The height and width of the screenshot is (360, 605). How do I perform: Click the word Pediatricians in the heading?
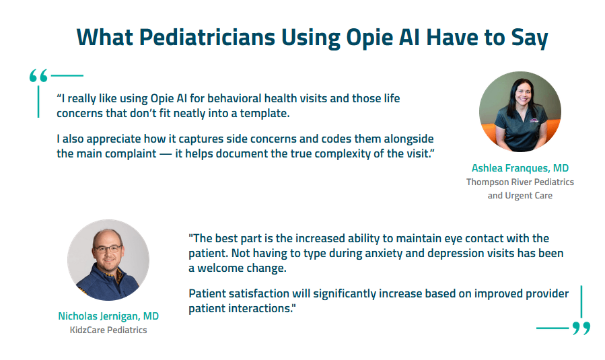(207, 38)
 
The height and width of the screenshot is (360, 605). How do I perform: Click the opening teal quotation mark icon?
(38, 75)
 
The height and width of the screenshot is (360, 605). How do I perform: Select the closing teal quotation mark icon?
(581, 328)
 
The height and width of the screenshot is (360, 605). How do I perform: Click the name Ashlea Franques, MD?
(520, 168)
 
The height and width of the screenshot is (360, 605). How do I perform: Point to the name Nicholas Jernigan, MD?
(108, 316)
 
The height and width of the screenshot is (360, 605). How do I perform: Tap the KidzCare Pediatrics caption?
(108, 330)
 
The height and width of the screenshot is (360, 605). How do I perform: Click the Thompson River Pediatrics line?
(520, 182)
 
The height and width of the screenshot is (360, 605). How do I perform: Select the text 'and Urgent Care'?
(520, 196)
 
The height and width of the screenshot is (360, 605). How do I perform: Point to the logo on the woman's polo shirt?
(534, 120)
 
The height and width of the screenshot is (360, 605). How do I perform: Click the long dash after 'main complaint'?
(166, 154)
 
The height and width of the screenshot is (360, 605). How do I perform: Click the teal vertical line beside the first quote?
(38, 102)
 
